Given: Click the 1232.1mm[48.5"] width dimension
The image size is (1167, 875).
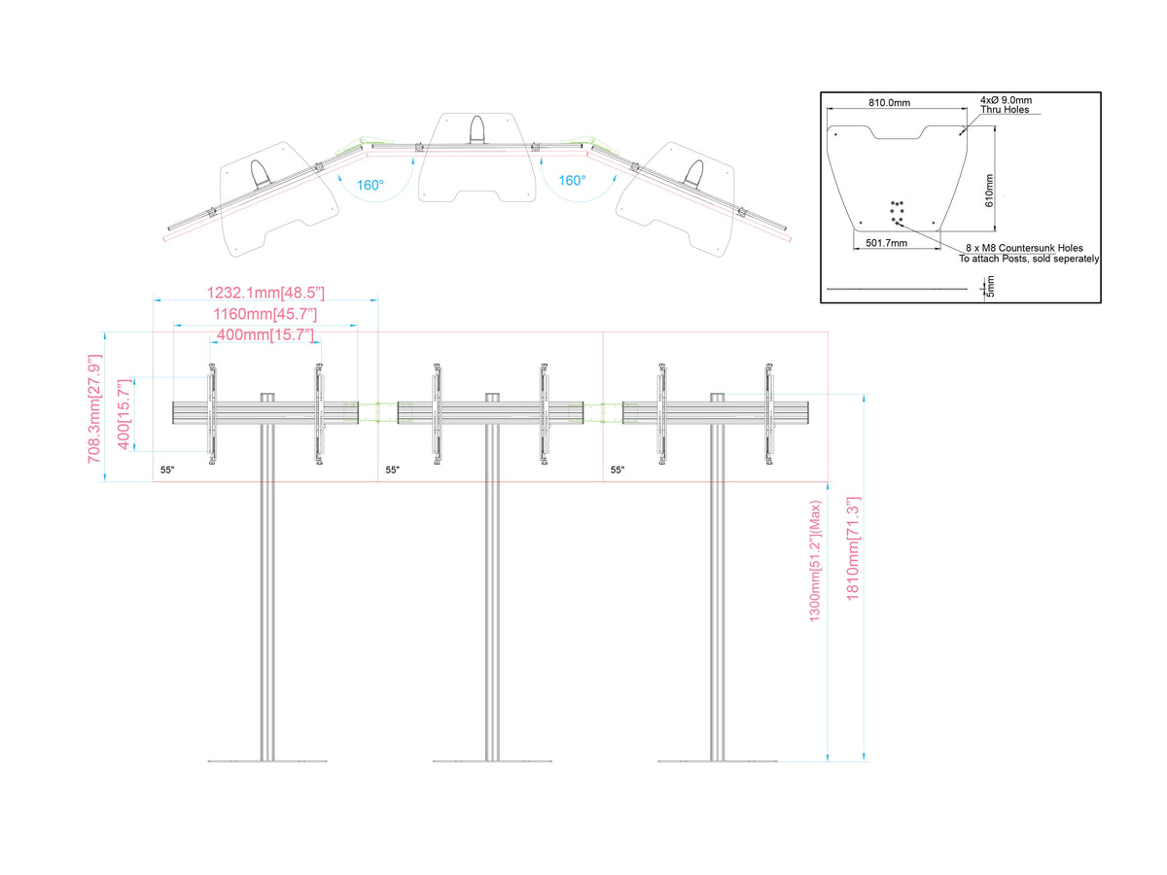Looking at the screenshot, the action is tap(265, 293).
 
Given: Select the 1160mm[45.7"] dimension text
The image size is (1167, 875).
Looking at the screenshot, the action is tap(265, 314).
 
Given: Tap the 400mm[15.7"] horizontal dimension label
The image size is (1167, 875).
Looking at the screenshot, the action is tap(265, 334).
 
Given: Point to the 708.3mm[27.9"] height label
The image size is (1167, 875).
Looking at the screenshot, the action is tap(94, 408).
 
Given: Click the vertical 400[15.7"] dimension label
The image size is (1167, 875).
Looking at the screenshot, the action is tap(124, 414).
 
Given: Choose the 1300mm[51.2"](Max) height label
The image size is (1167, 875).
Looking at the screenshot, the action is tap(815, 561).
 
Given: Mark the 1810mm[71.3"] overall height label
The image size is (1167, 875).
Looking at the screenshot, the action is tap(852, 548).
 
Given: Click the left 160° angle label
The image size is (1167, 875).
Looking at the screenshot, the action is tap(370, 185).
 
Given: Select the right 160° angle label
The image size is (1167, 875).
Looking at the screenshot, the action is tap(572, 181).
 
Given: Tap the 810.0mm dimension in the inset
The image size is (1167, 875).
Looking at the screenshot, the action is tap(889, 102).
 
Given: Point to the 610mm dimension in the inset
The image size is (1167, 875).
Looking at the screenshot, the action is tap(988, 191).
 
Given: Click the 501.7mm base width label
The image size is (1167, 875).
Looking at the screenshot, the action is tap(886, 243).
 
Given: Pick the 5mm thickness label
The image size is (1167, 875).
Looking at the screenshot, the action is tap(990, 286).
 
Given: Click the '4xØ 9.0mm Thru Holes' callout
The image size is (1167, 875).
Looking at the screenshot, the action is tap(1006, 105).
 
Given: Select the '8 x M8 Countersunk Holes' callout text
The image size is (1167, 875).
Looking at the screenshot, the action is tap(1024, 248).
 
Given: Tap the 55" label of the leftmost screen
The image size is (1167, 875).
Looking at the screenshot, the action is tap(167, 470).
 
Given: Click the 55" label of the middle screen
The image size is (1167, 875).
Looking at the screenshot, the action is tap(392, 470).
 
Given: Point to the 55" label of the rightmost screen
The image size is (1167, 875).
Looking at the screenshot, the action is tap(618, 470).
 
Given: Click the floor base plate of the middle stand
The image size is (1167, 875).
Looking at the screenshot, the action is tap(492, 761).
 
